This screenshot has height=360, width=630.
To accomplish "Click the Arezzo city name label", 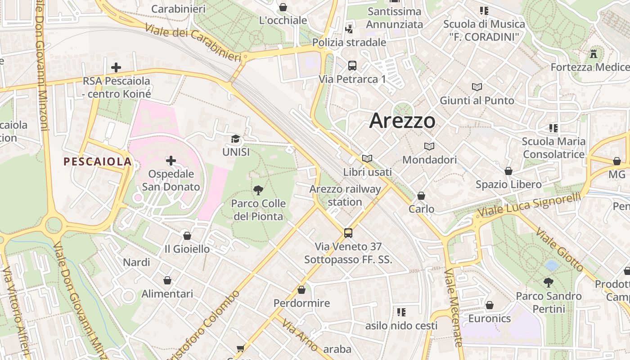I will tap(402, 121).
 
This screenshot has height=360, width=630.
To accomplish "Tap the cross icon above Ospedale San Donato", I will tap(171, 161).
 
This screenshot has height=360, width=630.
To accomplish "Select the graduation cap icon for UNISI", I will tap(235, 139).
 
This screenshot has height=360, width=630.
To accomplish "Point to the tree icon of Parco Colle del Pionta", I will tap(258, 190).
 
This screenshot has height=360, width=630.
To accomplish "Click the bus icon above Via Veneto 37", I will tap(348, 233).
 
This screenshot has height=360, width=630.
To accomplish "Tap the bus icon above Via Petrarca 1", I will tap(352, 66).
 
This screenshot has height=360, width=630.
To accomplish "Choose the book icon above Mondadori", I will tap(429, 147).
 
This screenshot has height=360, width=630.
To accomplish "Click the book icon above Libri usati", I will tap(367, 158).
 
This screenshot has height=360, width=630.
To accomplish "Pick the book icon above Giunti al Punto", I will tap(477, 87).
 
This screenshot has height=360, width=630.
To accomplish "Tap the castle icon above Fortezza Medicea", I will tap(594, 54).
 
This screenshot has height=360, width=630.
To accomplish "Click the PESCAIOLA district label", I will tap(98, 162).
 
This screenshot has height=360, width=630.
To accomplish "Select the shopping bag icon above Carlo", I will tap(421, 196).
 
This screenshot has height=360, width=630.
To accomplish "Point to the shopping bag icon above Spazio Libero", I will tap(508, 171).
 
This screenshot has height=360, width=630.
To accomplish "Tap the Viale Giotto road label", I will tap(560, 249).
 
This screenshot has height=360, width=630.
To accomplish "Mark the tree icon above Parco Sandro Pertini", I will tap(548, 283).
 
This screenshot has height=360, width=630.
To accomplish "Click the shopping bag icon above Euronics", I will tap(490, 305).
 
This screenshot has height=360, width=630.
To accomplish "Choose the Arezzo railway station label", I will tap(345, 195).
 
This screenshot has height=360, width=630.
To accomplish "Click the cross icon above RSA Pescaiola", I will tap(116, 67).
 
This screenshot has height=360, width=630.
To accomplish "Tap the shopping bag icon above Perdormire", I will tap(301, 290).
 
